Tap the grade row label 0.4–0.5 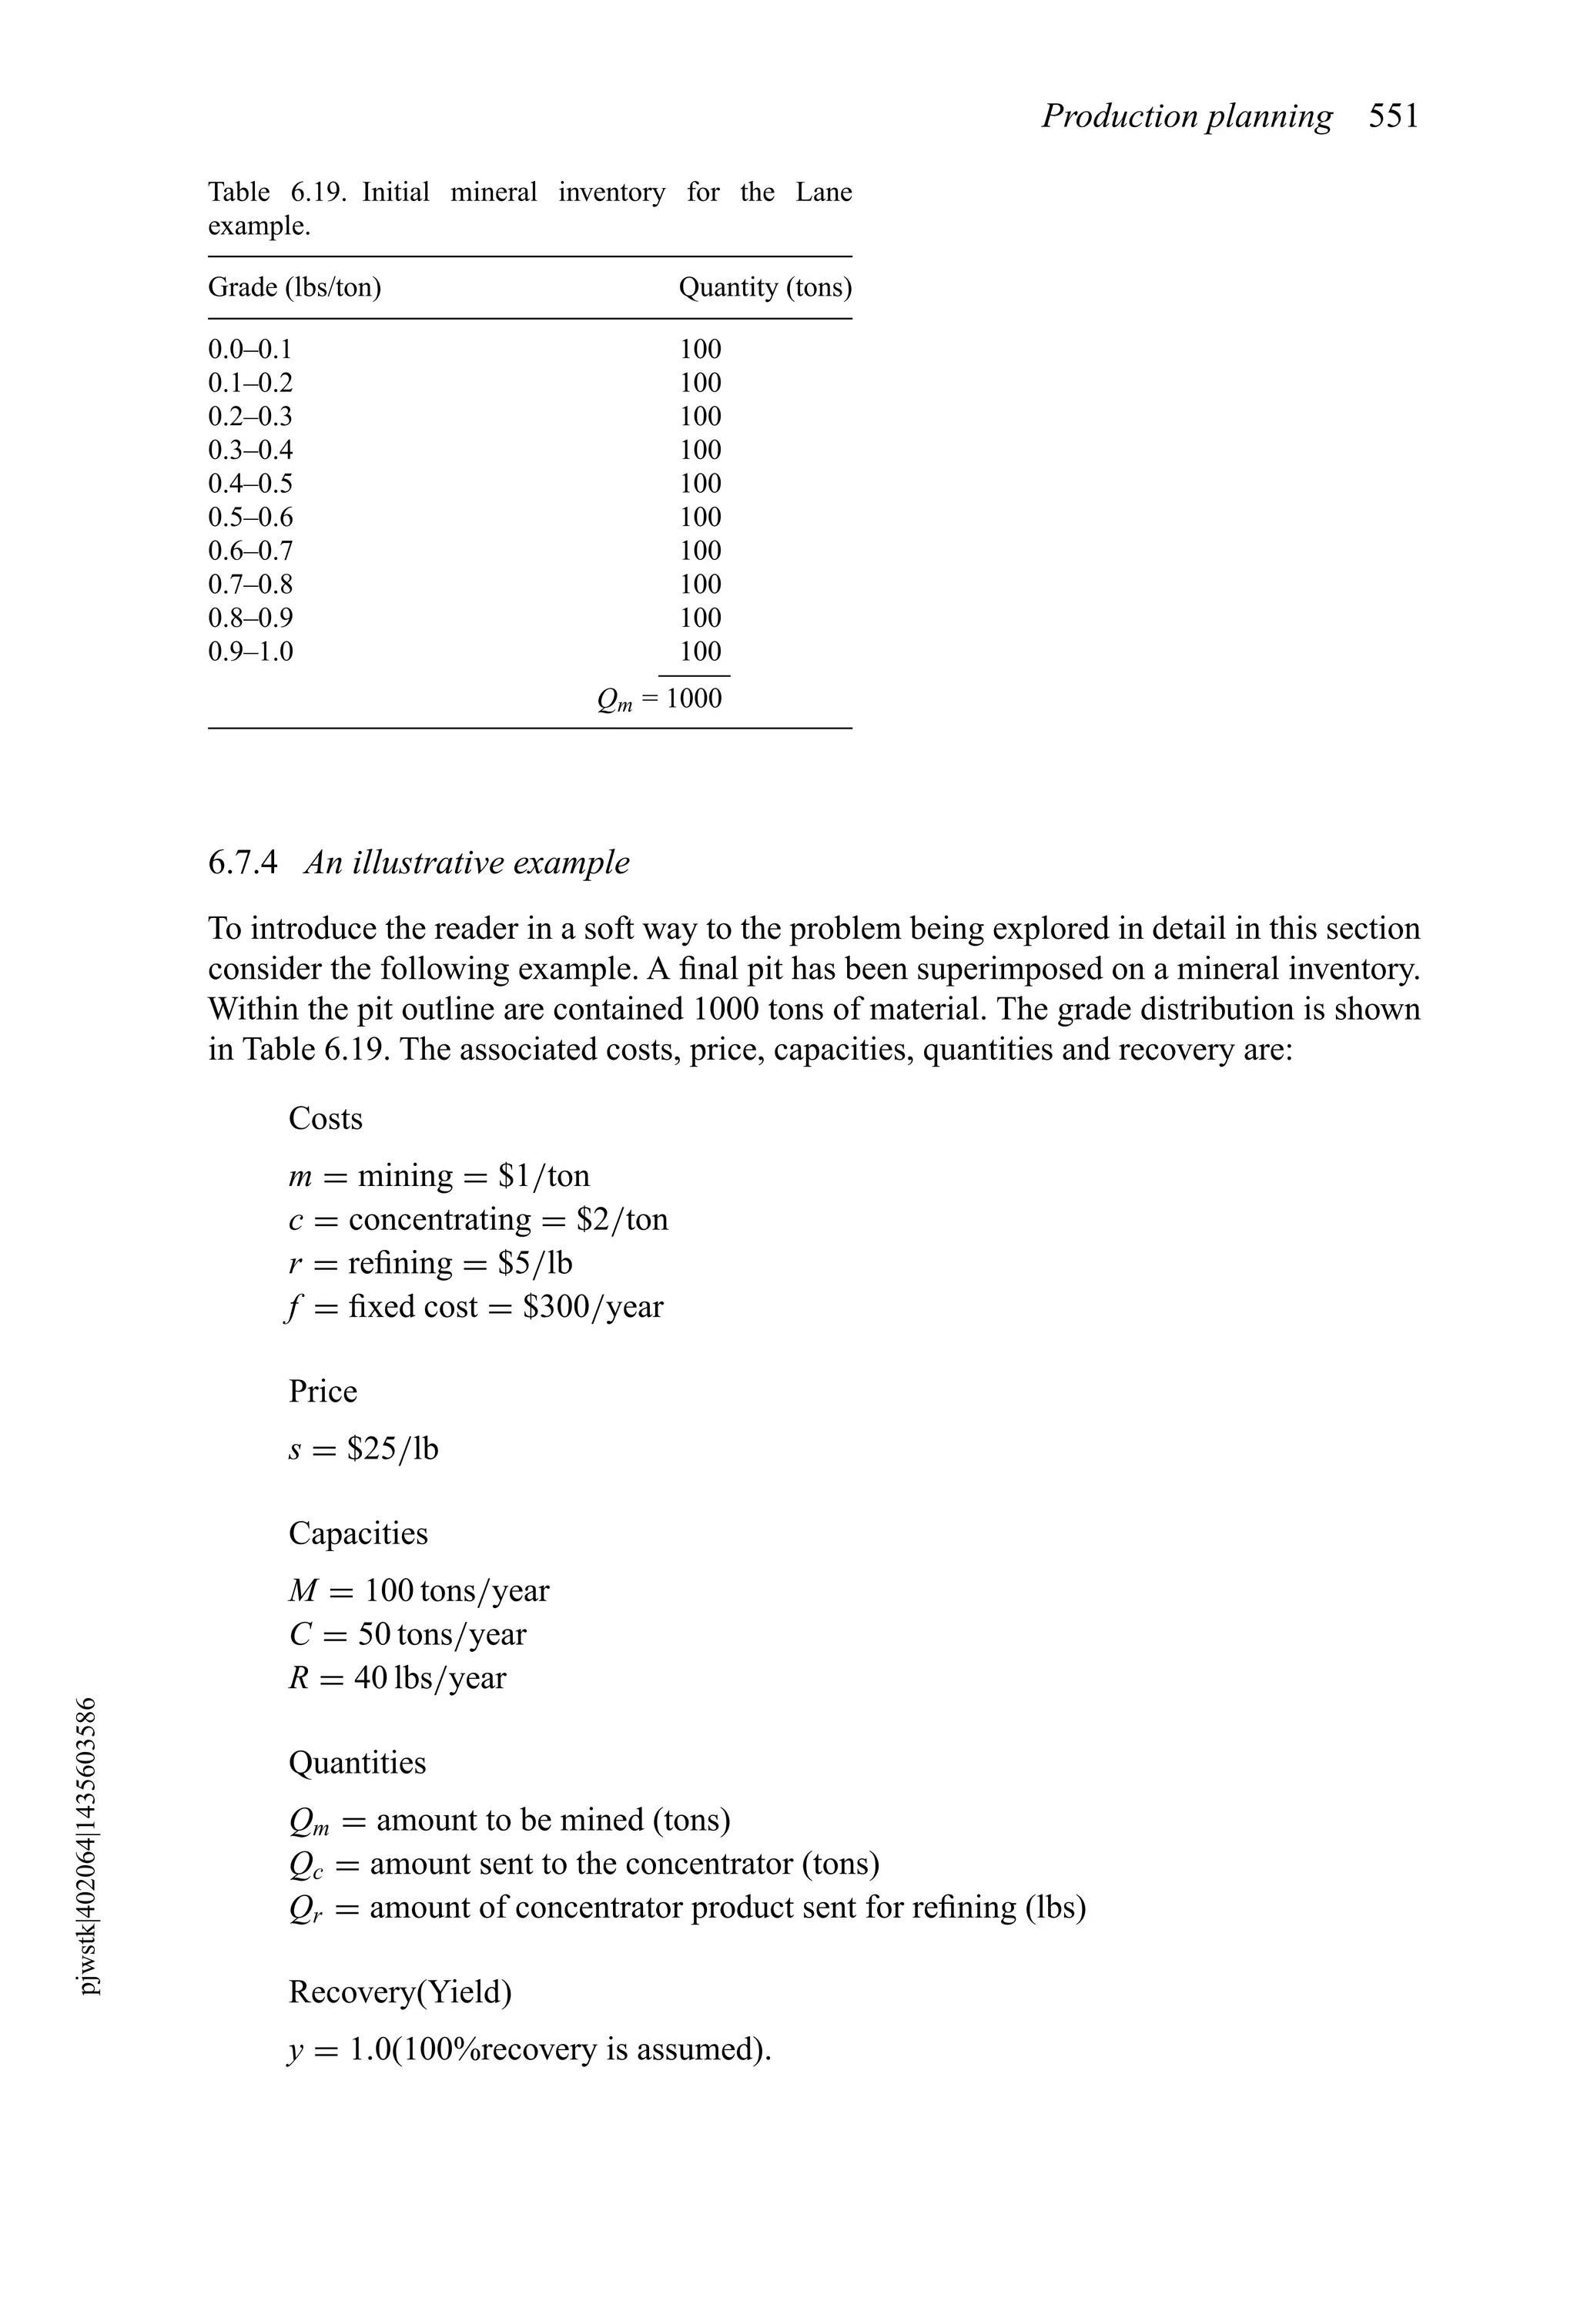click(x=250, y=484)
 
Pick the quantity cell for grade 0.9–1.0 click(x=700, y=652)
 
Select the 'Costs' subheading click(x=325, y=1119)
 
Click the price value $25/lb click(x=392, y=1450)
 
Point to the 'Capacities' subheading click(x=358, y=1533)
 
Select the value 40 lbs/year click(x=430, y=1678)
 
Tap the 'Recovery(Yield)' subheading click(x=400, y=1992)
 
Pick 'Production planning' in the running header click(x=1187, y=117)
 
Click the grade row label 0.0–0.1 click(x=250, y=349)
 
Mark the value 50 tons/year click(x=441, y=1634)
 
